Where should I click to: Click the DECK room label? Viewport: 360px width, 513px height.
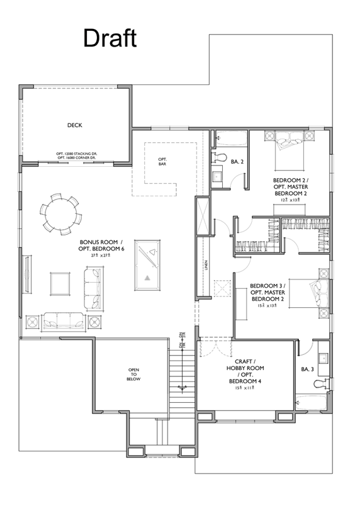pyautogui.click(x=75, y=125)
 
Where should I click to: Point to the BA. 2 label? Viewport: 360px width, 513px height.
pyautogui.click(x=237, y=162)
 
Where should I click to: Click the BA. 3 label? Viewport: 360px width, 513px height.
pyautogui.click(x=308, y=369)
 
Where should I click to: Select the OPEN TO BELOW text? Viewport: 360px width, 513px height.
pyautogui.click(x=133, y=374)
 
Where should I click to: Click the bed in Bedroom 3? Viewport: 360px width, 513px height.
pyautogui.click(x=317, y=295)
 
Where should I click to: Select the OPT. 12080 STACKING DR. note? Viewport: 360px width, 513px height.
pyautogui.click(x=75, y=153)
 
